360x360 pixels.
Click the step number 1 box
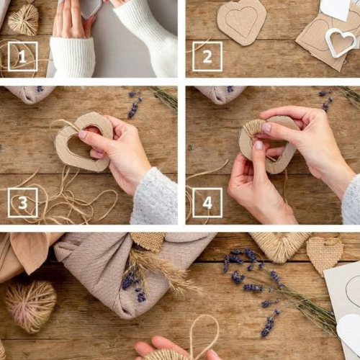[23, 57]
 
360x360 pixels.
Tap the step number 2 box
[207, 57]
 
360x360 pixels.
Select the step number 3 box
[23, 203]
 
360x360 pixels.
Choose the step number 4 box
[207, 203]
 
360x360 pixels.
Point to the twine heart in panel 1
[23, 19]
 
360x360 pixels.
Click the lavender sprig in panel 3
[135, 104]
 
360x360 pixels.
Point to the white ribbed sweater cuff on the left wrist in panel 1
[73, 57]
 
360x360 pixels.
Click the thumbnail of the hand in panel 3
[83, 134]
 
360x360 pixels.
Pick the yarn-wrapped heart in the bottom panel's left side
[30, 307]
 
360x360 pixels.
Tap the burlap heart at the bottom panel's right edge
[324, 254]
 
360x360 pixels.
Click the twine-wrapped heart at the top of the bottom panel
[279, 246]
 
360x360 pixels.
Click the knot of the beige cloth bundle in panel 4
[220, 95]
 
